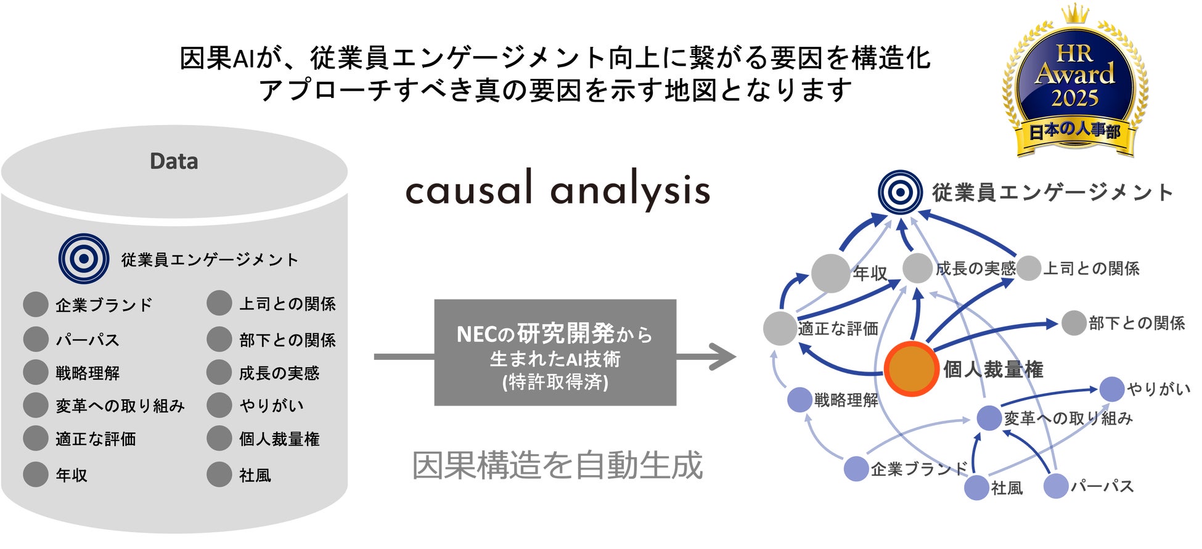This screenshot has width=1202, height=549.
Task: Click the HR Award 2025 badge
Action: point(1074,83)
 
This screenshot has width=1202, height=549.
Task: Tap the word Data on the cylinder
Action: point(174,161)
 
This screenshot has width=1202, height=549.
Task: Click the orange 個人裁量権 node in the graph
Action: point(910,368)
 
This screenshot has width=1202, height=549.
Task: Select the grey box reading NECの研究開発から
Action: point(555,352)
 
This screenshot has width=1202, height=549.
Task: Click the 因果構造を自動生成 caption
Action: point(557,465)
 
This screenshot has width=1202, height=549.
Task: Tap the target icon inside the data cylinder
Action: point(84,259)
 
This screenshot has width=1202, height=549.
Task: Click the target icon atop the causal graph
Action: point(900,192)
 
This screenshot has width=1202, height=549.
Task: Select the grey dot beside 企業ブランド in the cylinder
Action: point(36,304)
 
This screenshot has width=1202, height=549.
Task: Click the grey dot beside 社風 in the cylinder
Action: point(219,474)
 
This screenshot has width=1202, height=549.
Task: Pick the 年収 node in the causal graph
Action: point(830,273)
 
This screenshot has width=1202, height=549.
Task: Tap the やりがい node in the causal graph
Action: point(1111,389)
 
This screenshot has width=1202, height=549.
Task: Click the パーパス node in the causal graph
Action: point(1055,486)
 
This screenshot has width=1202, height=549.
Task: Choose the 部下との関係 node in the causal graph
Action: point(1073,323)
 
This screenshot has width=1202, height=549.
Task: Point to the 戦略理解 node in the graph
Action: point(799,400)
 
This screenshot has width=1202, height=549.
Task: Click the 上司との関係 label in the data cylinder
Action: point(287,304)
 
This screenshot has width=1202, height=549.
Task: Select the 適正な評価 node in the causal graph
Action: point(779,328)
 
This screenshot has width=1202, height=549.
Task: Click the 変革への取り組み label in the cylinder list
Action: point(120,406)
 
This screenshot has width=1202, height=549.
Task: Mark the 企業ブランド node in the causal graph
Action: point(856,469)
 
